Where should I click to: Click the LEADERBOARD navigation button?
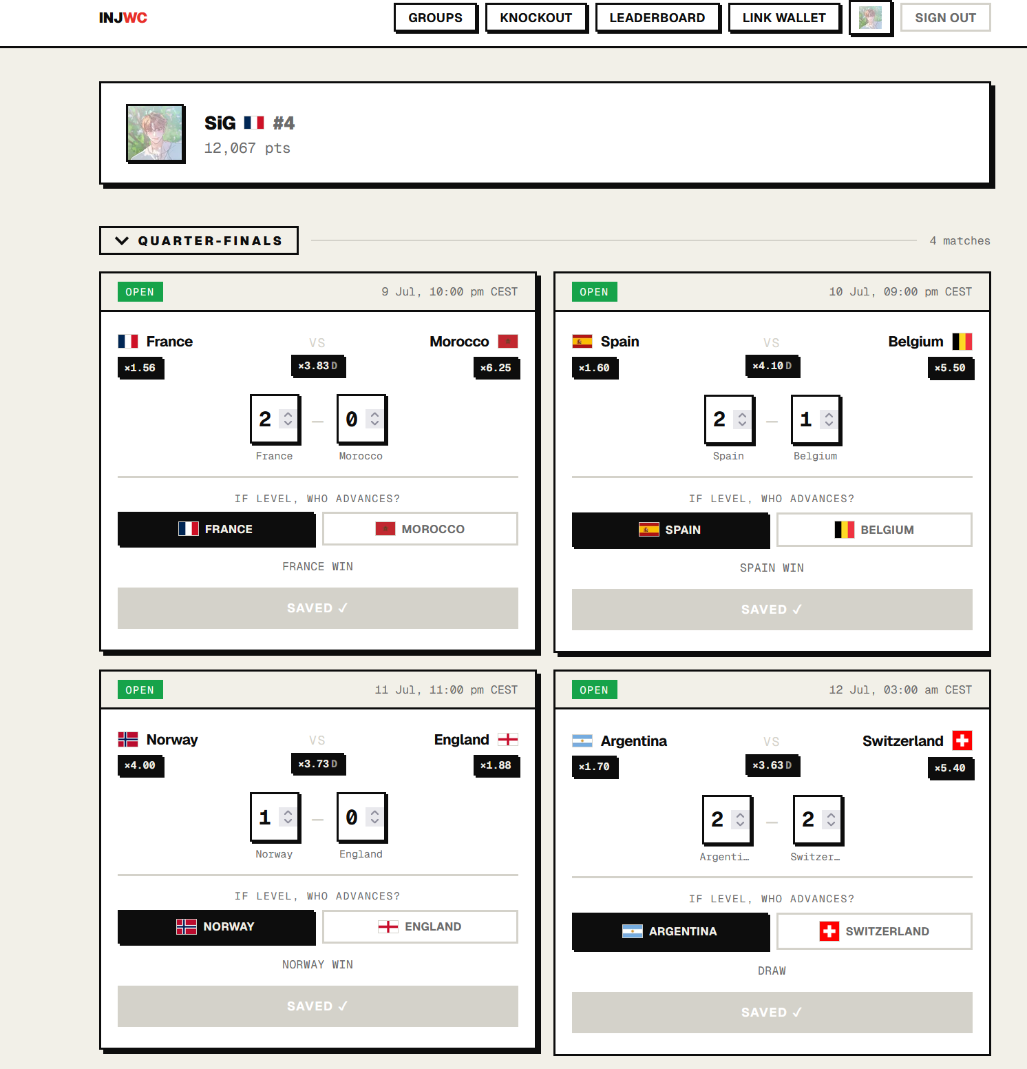(x=657, y=18)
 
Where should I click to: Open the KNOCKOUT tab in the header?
(x=536, y=18)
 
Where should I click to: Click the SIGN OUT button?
(x=945, y=18)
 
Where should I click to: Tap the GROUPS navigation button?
(x=435, y=18)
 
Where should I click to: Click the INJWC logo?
(x=123, y=18)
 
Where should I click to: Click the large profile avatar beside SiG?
(x=155, y=133)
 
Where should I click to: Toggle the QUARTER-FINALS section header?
(x=199, y=240)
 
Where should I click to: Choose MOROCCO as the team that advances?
(x=420, y=529)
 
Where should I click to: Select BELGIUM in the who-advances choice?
(x=874, y=530)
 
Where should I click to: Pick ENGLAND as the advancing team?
(x=420, y=926)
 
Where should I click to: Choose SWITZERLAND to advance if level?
(x=874, y=931)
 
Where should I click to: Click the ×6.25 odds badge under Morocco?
(x=496, y=368)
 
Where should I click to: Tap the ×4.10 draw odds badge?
(x=772, y=366)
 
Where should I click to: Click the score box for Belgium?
(x=816, y=419)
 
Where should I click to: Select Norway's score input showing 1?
(x=275, y=818)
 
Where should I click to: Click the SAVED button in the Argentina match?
(x=772, y=1012)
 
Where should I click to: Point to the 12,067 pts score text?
(x=247, y=148)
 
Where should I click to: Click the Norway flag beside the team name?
(x=128, y=740)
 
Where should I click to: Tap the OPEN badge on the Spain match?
(x=594, y=292)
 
